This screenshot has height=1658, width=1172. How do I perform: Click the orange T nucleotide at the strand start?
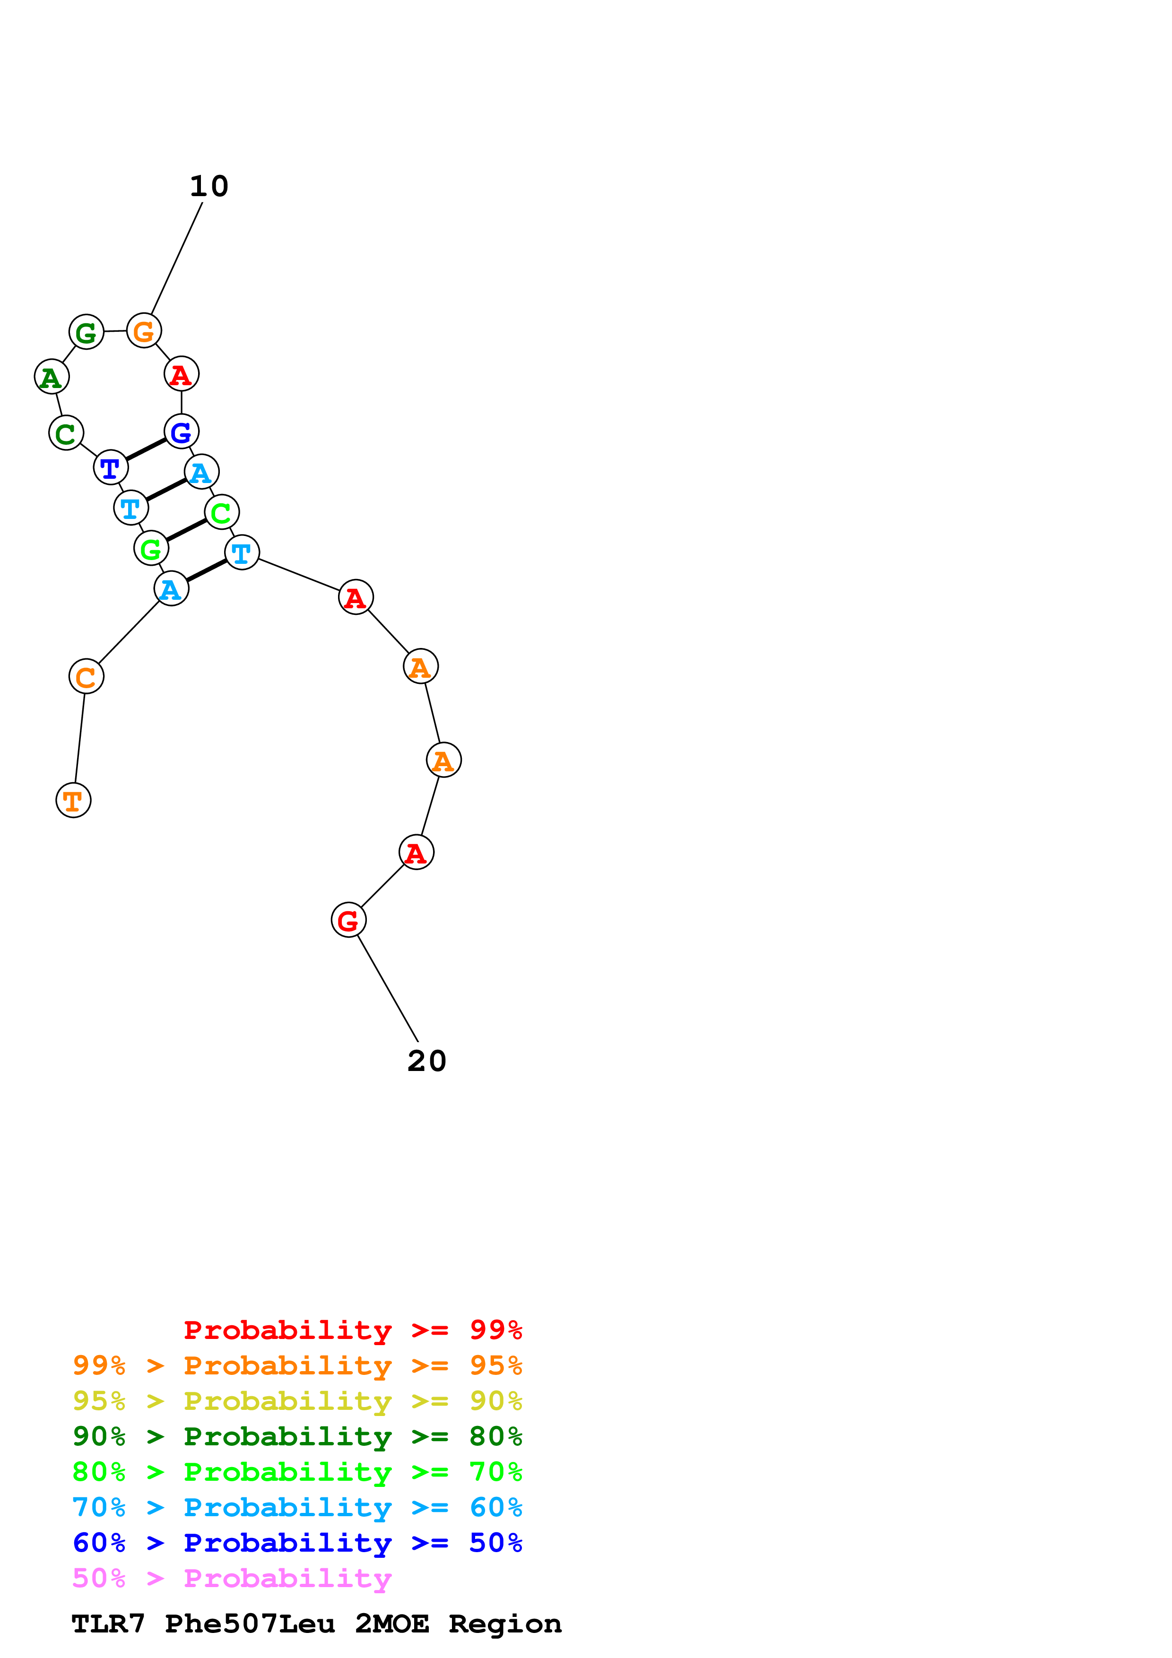pyautogui.click(x=73, y=800)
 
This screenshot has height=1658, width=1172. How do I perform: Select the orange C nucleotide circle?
pyautogui.click(x=86, y=677)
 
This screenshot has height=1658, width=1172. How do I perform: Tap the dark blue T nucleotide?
pyautogui.click(x=111, y=468)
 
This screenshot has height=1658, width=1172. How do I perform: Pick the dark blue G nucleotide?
pyautogui.click(x=181, y=432)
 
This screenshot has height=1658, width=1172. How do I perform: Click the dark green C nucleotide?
pyautogui.click(x=66, y=433)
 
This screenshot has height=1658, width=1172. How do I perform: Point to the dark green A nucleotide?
pyautogui.click(x=51, y=377)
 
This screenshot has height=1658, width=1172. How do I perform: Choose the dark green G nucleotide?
pyautogui.click(x=86, y=332)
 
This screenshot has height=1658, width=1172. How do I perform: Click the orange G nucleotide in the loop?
pyautogui.click(x=144, y=331)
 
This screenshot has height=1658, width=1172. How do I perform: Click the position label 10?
pyautogui.click(x=208, y=186)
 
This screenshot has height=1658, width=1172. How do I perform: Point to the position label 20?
pyautogui.click(x=427, y=1061)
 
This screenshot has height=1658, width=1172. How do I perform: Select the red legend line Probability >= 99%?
pyautogui.click(x=352, y=1330)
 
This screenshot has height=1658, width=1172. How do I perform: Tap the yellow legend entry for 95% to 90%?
pyautogui.click(x=297, y=1400)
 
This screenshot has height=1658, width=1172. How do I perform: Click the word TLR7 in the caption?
pyautogui.click(x=108, y=1623)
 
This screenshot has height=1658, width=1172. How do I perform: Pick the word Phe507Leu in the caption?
pyautogui.click(x=250, y=1623)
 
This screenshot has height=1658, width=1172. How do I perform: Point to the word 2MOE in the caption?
pyautogui.click(x=391, y=1623)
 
